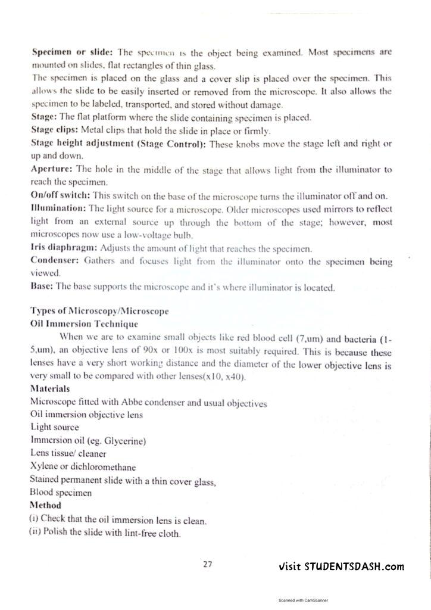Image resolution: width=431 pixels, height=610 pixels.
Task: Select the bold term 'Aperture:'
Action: [x=52, y=169]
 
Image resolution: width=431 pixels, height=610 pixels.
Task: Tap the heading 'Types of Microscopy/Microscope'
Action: [x=99, y=312]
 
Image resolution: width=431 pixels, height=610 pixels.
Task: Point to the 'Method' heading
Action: [x=45, y=506]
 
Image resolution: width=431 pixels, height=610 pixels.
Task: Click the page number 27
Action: [x=207, y=564]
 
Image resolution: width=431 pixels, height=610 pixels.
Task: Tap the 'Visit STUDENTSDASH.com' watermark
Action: [x=341, y=567]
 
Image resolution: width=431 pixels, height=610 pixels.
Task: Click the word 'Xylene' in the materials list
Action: [x=43, y=467]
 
